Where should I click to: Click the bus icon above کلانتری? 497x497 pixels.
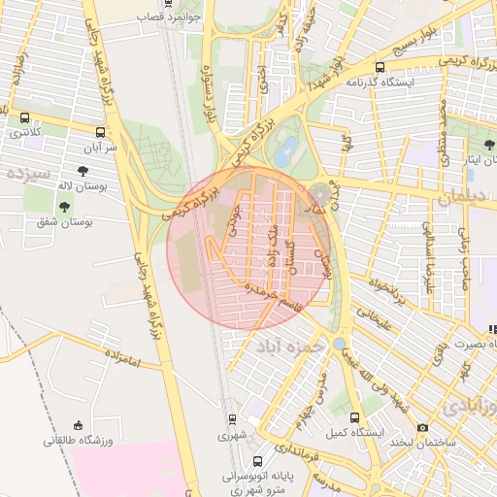tap(24, 117)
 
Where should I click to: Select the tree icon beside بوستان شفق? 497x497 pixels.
tap(64, 206)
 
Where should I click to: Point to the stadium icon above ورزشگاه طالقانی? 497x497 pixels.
tap(79, 425)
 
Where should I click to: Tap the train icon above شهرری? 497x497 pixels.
tap(232, 419)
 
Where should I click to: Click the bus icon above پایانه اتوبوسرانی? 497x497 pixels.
tap(257, 462)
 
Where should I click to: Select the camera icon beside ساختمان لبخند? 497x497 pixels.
tap(422, 427)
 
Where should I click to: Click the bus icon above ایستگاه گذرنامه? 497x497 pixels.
tap(380, 68)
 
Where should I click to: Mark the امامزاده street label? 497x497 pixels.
tap(119, 361)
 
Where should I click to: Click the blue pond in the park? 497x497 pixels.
tap(286, 151)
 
